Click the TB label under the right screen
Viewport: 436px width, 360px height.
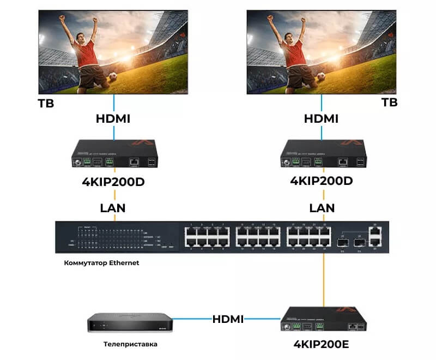click(x=389, y=103)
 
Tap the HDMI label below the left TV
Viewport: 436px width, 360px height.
click(x=113, y=118)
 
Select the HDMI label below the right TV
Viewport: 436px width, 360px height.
click(x=321, y=118)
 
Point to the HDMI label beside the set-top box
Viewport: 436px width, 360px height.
click(x=228, y=319)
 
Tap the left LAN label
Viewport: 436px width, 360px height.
click(x=113, y=208)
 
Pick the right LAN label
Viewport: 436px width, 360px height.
click(x=322, y=208)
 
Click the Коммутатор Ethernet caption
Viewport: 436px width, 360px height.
click(x=102, y=263)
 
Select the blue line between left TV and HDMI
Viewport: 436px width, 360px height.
click(x=113, y=102)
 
